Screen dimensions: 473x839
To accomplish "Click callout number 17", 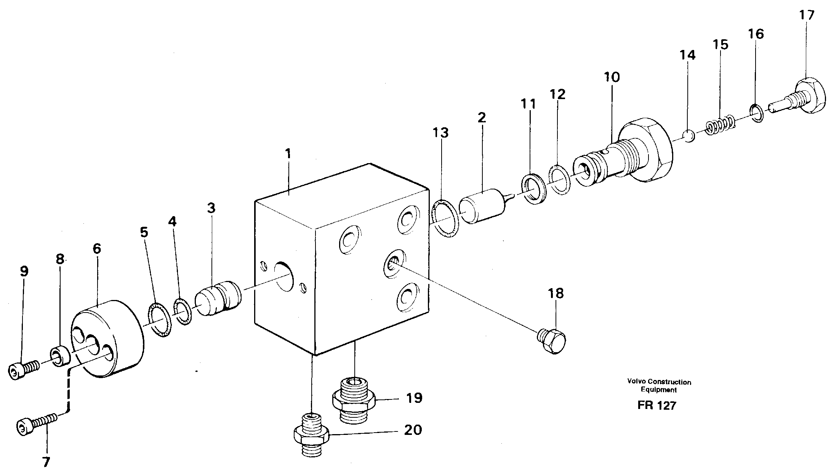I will (806, 15).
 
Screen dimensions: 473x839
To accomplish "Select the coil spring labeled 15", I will (719, 125).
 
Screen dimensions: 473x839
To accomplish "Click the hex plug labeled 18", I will (552, 341).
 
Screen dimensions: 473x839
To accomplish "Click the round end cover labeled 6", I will (108, 343).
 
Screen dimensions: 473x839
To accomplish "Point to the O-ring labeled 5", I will (159, 320).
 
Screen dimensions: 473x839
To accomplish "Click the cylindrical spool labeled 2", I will (482, 205).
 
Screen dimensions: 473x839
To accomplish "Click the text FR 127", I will (656, 405).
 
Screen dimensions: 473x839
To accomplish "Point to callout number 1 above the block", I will (288, 154).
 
